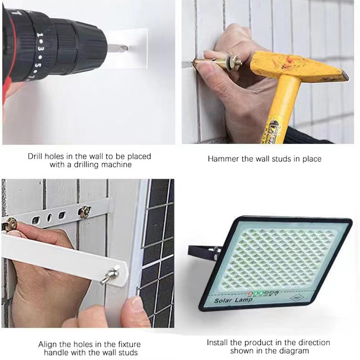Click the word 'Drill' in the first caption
[x=36, y=157]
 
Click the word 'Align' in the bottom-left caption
[x=47, y=344]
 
